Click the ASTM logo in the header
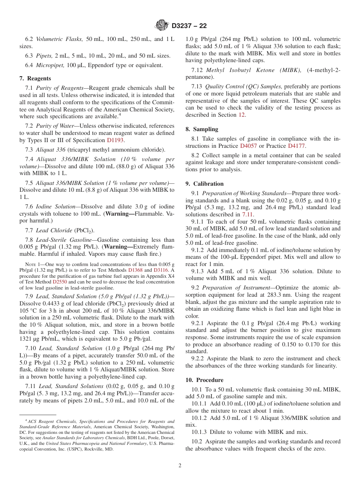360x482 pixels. pyautogui.click(x=162, y=26)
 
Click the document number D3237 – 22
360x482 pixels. pyautogui.click(x=189, y=26)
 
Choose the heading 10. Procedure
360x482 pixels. pyautogui.click(x=204, y=380)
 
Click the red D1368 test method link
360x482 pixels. pyautogui.click(x=135, y=270)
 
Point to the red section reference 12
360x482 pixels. pyautogui.click(x=241, y=115)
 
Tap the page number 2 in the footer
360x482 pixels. pyautogui.click(x=180, y=465)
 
